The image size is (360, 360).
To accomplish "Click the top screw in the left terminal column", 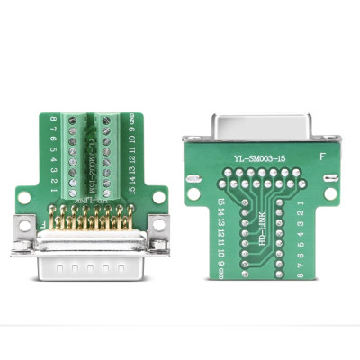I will point(76,120).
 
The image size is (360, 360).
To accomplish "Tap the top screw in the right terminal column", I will point(110,120).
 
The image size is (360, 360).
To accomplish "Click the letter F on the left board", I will point(43,219).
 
